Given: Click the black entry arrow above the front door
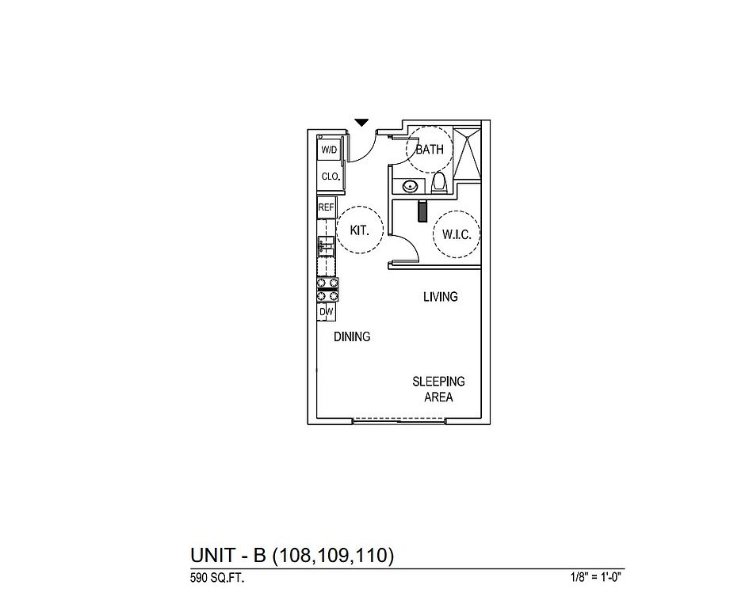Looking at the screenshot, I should point(361,123).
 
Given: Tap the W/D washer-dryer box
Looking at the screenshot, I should point(328,150).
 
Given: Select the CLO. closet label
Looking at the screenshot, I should point(330,177).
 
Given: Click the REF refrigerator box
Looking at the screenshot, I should point(326,207).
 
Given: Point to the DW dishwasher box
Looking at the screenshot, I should point(326,313).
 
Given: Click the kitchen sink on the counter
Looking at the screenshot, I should point(325,245).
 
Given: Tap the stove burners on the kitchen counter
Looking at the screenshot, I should point(328,289).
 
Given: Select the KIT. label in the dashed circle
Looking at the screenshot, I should point(361,230).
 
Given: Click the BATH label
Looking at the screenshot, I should point(429,149).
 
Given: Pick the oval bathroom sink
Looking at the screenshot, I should point(411,187).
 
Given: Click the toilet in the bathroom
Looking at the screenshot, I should point(440,184).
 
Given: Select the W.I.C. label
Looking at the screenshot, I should point(456,234).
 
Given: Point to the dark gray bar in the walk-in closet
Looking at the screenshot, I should point(422,211).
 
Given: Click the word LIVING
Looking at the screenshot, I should point(440,297).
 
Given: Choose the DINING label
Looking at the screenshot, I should point(351,336).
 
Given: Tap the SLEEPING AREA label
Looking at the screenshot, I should point(438,389).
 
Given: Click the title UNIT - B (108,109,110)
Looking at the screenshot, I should point(292,556).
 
